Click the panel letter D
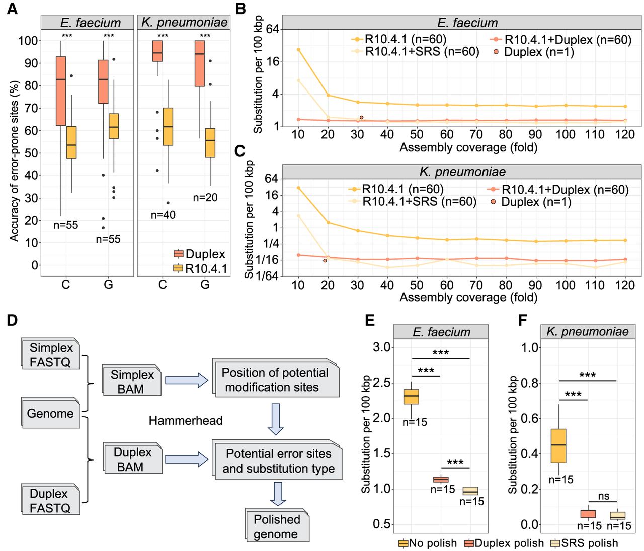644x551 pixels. (x=12, y=320)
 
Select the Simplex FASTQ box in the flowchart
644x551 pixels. (x=51, y=354)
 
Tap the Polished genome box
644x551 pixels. (x=277, y=526)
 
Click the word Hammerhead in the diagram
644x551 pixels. (x=185, y=420)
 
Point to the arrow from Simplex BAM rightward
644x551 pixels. (x=187, y=380)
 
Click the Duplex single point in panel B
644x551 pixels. (x=361, y=117)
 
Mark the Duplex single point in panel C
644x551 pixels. (x=325, y=260)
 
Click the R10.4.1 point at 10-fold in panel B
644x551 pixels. (x=298, y=50)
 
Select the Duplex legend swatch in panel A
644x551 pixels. (x=178, y=254)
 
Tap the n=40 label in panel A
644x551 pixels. (x=163, y=215)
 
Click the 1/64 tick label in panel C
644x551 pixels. (x=267, y=275)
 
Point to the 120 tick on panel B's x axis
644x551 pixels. (x=625, y=134)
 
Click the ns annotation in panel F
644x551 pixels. (x=603, y=496)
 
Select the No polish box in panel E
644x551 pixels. (x=412, y=397)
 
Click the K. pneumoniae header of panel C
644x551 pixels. (x=462, y=172)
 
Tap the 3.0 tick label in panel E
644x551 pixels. (x=382, y=347)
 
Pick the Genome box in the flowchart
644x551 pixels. (x=50, y=413)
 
